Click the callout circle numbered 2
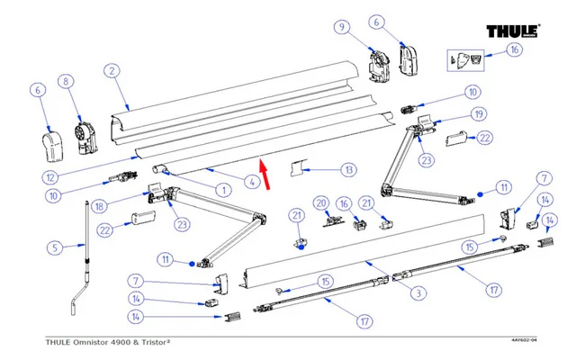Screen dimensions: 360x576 coord(111,70)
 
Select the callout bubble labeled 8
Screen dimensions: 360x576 coord(65,82)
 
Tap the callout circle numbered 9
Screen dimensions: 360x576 coord(342,27)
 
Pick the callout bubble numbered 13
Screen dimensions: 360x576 coord(348,169)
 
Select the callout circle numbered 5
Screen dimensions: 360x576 coord(53,247)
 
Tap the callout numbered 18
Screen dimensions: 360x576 coord(100,207)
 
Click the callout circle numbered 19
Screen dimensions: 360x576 coord(478,113)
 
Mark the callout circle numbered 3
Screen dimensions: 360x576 coord(417,292)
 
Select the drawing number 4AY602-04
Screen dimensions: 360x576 coord(524,340)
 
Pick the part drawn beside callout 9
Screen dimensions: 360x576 coord(379,62)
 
